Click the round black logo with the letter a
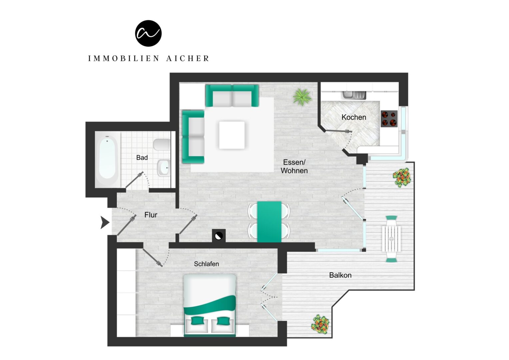tap(148, 33)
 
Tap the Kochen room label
tap(353, 117)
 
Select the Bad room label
tap(142, 157)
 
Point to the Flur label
tap(151, 215)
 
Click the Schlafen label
tap(206, 264)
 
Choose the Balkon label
tap(340, 275)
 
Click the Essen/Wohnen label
tap(294, 166)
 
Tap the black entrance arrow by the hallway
tap(105, 222)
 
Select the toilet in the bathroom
tap(162, 145)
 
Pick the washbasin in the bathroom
tap(164, 168)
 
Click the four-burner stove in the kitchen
tap(389, 119)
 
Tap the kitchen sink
tap(353, 95)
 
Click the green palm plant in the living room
tap(302, 97)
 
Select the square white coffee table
tap(232, 135)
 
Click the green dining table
tap(269, 222)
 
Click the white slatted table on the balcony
tap(391, 239)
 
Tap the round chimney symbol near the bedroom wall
tap(219, 236)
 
